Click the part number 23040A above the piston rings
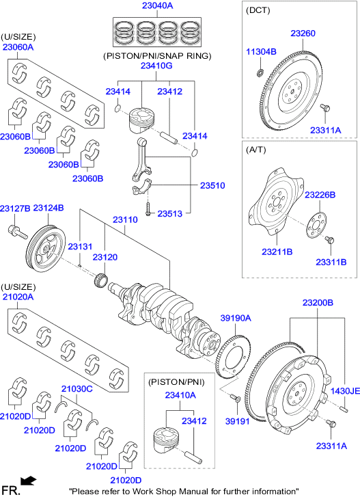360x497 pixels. (x=158, y=6)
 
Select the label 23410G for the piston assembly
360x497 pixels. (x=156, y=66)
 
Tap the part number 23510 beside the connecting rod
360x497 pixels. (x=212, y=185)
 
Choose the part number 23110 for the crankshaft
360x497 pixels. (x=126, y=221)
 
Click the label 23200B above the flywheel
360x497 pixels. (x=318, y=301)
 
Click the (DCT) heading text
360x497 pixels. (x=258, y=11)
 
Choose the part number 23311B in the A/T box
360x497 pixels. (x=331, y=262)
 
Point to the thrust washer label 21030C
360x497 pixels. (x=77, y=389)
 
